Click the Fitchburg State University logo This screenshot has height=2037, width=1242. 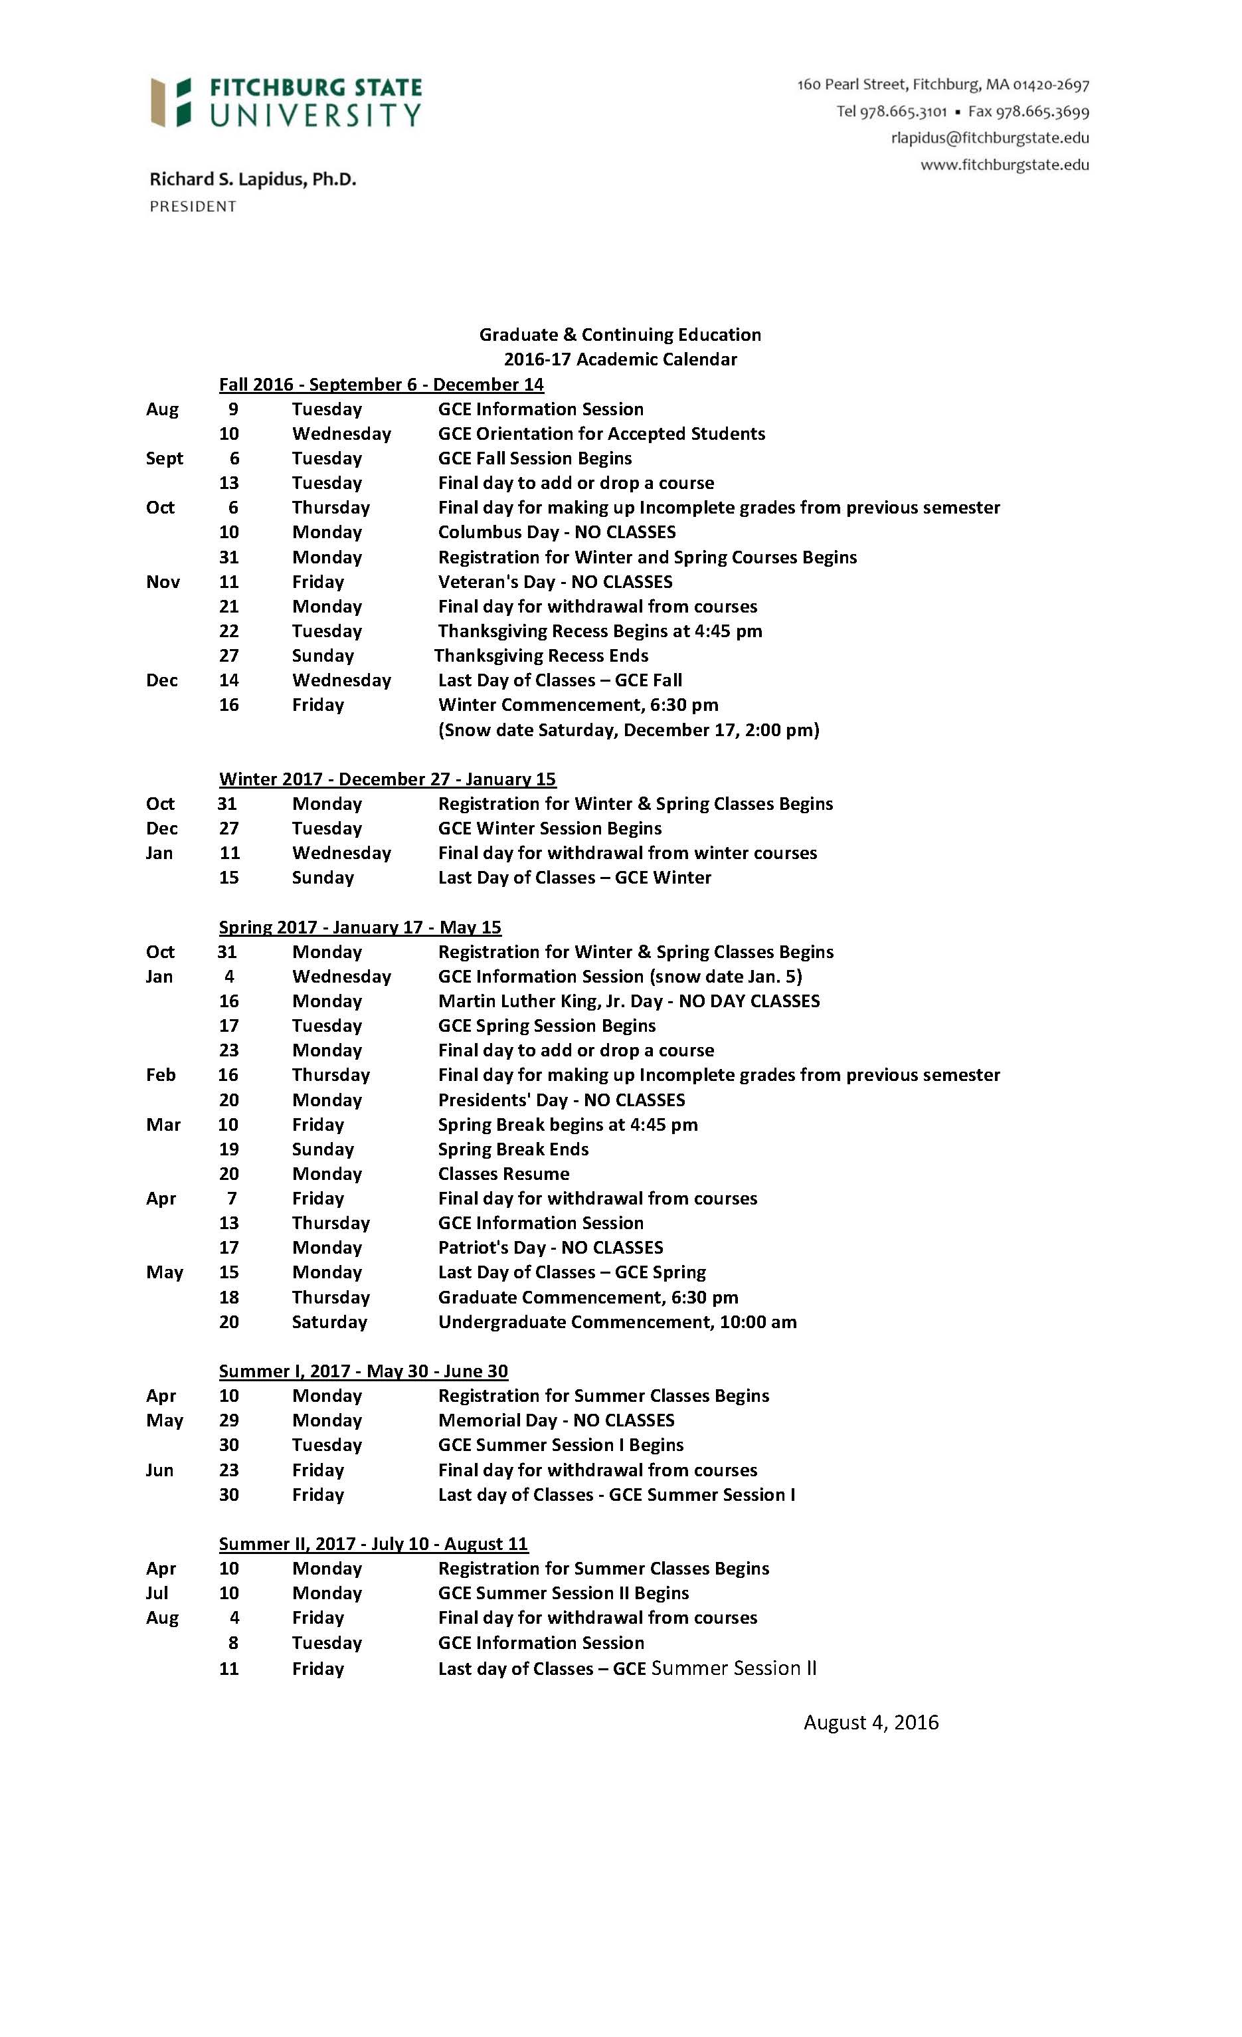[286, 102]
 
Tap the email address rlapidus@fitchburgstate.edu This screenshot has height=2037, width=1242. [989, 138]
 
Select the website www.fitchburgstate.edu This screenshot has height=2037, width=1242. [1004, 165]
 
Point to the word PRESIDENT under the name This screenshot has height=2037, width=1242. [193, 207]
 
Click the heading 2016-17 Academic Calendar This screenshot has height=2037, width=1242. [620, 359]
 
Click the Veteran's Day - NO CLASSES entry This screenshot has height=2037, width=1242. [555, 581]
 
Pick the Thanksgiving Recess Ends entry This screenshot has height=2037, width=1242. [541, 656]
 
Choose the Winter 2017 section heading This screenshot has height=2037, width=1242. [387, 779]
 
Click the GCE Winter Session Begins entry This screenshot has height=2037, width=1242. [549, 828]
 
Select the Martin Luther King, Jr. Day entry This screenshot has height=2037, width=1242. [628, 1001]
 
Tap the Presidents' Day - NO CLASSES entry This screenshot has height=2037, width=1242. [561, 1100]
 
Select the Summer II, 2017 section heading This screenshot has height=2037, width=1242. [373, 1543]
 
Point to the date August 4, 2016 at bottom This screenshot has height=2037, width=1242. [870, 1722]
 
